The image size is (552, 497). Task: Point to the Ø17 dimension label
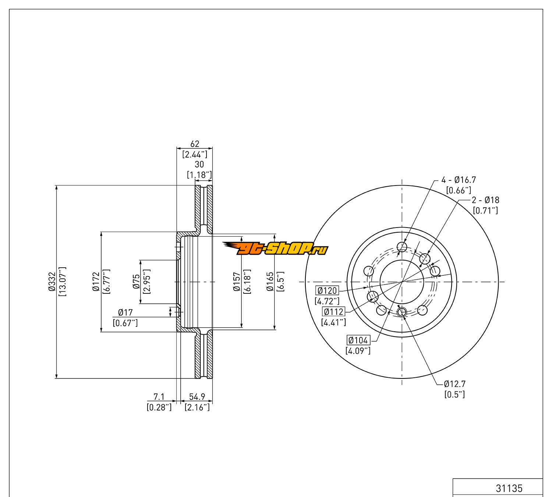click(x=125, y=313)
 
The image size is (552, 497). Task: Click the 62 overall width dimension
click(x=195, y=144)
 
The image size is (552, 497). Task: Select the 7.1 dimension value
click(x=159, y=396)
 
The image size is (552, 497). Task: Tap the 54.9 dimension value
click(x=197, y=396)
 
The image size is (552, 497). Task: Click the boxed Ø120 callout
click(x=327, y=290)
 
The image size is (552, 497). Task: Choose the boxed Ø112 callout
click(x=333, y=312)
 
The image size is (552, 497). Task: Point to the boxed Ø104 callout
click(x=358, y=340)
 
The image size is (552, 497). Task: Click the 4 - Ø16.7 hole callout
click(x=459, y=180)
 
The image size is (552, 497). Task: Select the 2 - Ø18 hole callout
click(x=485, y=200)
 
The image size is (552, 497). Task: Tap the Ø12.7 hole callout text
click(x=454, y=384)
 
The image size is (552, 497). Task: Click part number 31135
click(x=509, y=488)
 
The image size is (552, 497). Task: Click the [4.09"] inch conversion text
click(x=358, y=351)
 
